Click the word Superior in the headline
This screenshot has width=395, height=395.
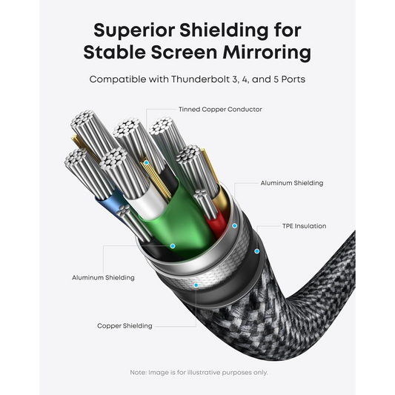point(134,30)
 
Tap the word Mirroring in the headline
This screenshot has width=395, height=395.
point(267,53)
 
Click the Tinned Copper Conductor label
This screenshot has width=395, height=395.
point(220,110)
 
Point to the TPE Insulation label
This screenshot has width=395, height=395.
point(304,226)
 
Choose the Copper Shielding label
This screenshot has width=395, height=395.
point(125,326)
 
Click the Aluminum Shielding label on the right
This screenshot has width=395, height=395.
point(292,183)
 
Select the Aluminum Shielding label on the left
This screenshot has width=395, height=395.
point(103,278)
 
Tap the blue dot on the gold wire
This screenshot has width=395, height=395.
point(146,163)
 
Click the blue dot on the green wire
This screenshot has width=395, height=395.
point(173,246)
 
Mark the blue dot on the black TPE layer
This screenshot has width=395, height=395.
point(256,251)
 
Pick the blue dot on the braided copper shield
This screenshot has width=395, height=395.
point(196,285)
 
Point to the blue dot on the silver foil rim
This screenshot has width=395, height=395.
point(234,226)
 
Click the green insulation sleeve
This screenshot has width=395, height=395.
point(182,222)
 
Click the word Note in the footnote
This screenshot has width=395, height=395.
point(138,372)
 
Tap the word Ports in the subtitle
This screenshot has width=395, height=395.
point(293,79)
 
